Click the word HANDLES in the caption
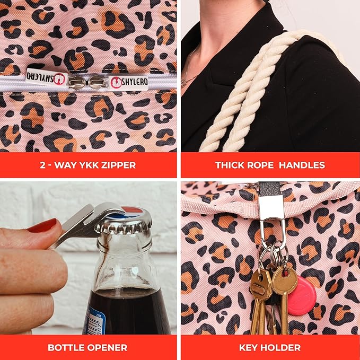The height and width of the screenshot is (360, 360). click(302, 165)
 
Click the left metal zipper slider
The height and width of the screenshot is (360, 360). click(77, 82)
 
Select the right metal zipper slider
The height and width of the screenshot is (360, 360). click(98, 82)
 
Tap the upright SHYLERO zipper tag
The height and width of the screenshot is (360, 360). click(129, 82)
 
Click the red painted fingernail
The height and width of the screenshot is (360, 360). click(42, 225)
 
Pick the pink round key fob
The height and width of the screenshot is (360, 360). click(301, 296)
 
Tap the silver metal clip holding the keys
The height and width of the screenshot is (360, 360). click(272, 221)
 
